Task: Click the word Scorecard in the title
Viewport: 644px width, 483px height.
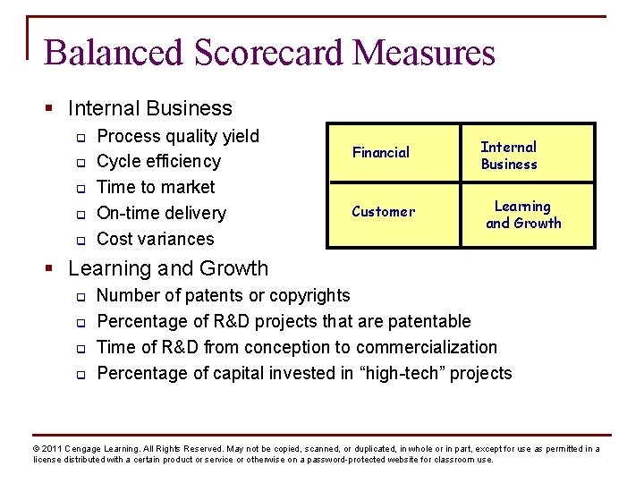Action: [x=268, y=53]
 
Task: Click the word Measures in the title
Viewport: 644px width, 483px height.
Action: [x=423, y=53]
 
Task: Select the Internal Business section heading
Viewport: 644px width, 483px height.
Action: [x=149, y=108]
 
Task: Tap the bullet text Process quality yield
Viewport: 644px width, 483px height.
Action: [x=177, y=136]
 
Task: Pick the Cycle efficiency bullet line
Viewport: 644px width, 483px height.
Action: [x=158, y=161]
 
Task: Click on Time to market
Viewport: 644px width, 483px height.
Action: [x=156, y=187]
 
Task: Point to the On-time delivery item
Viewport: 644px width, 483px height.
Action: [x=161, y=213]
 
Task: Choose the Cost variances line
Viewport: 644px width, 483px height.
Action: [x=155, y=239]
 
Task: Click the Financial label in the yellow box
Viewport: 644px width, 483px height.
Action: [x=380, y=153]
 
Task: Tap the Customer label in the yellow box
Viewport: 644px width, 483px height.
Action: [x=383, y=212]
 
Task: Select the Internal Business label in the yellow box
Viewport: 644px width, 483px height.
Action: [x=509, y=156]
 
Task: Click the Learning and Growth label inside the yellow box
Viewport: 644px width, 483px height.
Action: [x=523, y=215]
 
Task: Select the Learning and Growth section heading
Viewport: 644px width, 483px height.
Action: [x=167, y=268]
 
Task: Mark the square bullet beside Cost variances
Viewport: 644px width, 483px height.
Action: [x=79, y=240]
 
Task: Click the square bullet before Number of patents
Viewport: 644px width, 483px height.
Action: [x=79, y=296]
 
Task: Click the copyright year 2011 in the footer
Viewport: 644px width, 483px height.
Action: [x=52, y=449]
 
